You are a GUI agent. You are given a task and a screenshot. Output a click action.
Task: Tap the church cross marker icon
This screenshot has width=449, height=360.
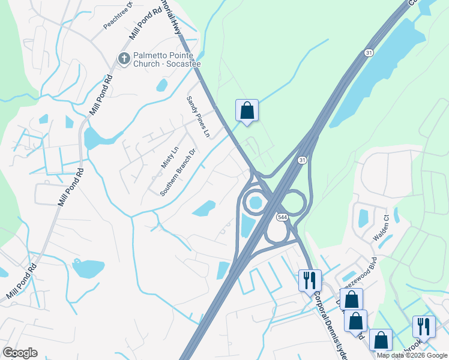123,58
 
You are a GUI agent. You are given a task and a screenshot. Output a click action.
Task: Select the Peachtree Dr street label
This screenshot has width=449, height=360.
117,16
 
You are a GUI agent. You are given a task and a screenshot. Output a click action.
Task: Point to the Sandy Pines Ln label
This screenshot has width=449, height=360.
197,116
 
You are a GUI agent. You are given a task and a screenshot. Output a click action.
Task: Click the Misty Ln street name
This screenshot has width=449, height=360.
170,157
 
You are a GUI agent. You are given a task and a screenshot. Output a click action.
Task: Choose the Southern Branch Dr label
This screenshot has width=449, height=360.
178,172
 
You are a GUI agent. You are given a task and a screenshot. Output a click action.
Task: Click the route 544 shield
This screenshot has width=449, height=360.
282,216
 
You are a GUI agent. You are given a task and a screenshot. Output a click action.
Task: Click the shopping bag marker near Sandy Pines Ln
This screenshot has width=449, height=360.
247,110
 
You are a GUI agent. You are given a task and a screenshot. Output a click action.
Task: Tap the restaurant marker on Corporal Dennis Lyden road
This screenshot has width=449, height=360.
310,280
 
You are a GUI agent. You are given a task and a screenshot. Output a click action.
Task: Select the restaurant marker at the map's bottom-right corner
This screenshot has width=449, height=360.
424,326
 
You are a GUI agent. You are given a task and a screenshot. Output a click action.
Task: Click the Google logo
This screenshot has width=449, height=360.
20,353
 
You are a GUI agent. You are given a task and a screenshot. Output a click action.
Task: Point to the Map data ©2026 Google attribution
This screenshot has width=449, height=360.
412,355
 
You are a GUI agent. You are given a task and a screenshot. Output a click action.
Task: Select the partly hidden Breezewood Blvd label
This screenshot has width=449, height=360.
361,270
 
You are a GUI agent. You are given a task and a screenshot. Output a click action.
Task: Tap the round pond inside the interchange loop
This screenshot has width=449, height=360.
256,202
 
